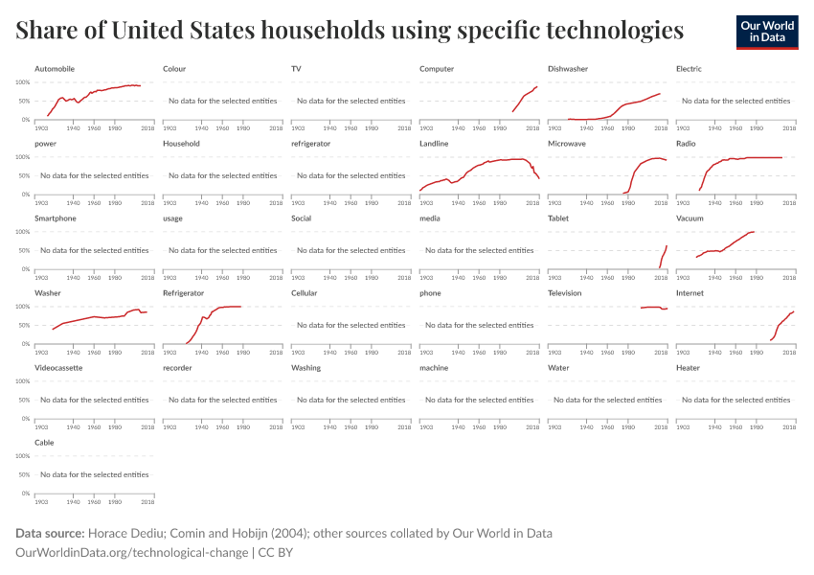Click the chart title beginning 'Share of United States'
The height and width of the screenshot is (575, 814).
click(x=350, y=31)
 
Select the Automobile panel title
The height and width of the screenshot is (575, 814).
click(x=55, y=69)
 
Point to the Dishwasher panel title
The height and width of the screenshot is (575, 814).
click(x=568, y=69)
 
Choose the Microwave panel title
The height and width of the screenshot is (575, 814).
click(x=568, y=144)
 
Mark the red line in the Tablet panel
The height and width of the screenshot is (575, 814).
click(x=664, y=254)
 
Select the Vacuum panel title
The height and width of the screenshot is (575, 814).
click(x=690, y=218)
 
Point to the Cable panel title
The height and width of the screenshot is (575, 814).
click(x=44, y=443)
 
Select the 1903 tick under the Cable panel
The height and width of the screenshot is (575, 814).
click(x=41, y=500)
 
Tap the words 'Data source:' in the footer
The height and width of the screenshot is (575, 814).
click(x=49, y=533)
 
